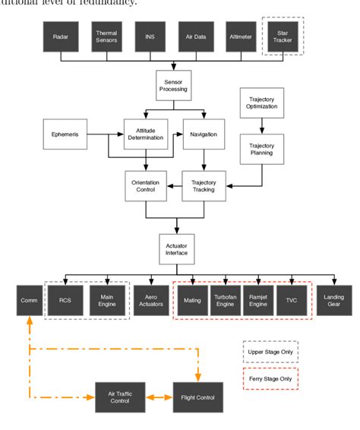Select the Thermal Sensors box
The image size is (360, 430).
click(x=106, y=36)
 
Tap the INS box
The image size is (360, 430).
click(x=150, y=36)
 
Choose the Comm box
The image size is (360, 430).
click(x=28, y=299)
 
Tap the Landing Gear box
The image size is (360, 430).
click(x=334, y=299)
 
